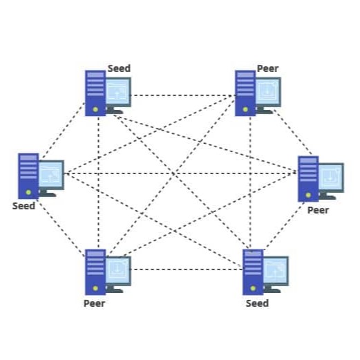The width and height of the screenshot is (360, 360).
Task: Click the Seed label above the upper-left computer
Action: [x=119, y=68]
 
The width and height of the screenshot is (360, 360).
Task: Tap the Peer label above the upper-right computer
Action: [x=267, y=68]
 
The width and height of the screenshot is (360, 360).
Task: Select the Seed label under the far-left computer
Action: [x=23, y=206]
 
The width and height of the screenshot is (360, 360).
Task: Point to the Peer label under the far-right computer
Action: [x=318, y=210]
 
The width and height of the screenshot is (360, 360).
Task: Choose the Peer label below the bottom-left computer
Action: [x=94, y=303]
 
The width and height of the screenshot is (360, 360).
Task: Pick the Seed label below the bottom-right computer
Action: [x=257, y=303]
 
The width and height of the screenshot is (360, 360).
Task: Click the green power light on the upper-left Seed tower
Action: [x=95, y=110]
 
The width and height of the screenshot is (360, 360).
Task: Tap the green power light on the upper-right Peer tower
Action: [x=245, y=110]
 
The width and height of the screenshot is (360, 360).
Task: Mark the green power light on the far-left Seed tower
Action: [x=28, y=192]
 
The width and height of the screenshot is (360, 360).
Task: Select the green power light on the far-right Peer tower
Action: [x=308, y=196]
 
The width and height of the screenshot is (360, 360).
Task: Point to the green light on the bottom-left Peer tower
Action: [x=95, y=288]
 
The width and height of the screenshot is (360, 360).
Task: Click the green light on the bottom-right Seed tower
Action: [x=253, y=288]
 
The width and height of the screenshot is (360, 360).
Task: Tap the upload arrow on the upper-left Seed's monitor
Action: [x=117, y=94]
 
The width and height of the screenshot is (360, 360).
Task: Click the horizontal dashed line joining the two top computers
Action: [x=182, y=95]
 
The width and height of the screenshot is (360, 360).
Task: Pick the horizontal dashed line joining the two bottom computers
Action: [x=187, y=269]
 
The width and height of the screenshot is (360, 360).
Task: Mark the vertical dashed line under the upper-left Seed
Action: [x=98, y=182]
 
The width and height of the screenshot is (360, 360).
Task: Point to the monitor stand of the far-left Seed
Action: [x=48, y=193]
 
